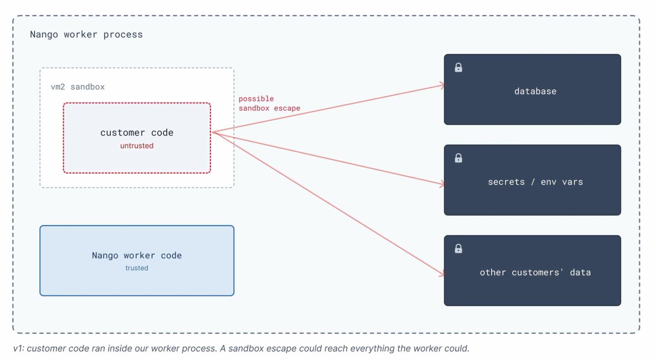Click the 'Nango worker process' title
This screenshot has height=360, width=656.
(x=86, y=35)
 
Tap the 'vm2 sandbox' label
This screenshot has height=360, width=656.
(x=77, y=87)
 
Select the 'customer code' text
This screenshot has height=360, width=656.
(x=137, y=133)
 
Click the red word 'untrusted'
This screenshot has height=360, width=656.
(x=137, y=145)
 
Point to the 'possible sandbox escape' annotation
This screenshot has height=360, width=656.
(x=269, y=103)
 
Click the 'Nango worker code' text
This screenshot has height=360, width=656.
(x=137, y=255)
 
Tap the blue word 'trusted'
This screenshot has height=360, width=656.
(x=137, y=268)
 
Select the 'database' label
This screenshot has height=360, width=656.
(x=535, y=91)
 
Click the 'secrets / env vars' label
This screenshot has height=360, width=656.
(x=535, y=182)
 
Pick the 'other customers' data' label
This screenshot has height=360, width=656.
(x=535, y=273)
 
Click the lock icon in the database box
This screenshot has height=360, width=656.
(x=458, y=67)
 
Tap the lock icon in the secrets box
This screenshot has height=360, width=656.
(x=458, y=158)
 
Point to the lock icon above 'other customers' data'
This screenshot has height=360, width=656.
(x=458, y=248)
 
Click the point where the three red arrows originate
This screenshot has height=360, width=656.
(x=213, y=133)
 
